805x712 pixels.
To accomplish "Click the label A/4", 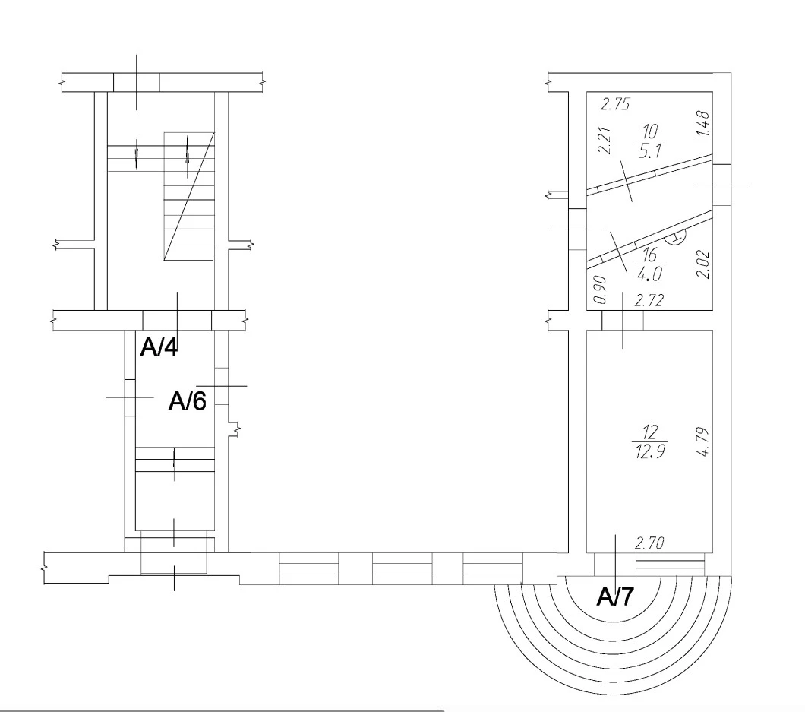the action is click(159, 347).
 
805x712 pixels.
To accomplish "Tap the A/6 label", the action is click(188, 400).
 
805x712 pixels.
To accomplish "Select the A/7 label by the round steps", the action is click(615, 596).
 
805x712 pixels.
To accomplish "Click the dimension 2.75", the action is click(615, 104).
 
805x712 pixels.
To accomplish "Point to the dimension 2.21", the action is click(605, 141).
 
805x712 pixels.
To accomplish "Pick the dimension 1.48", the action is click(703, 123).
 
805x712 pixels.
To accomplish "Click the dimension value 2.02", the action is click(702, 264).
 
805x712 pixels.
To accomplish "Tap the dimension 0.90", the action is click(599, 290).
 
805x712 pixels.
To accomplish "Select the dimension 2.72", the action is click(649, 300).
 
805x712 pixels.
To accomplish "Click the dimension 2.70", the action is click(649, 543).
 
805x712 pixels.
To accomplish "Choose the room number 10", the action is click(650, 131).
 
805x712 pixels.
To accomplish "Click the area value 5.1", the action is click(650, 151).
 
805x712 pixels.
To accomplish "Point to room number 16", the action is click(649, 255).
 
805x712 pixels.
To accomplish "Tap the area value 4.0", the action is click(649, 274).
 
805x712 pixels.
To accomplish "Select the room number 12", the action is click(650, 431).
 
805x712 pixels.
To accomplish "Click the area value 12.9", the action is click(650, 451).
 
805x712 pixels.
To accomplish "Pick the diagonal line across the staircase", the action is click(188, 197).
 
